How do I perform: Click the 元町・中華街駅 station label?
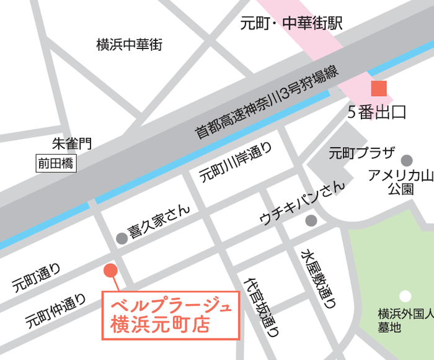(291, 24)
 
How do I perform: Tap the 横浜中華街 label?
(129, 45)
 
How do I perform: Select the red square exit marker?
(378, 89)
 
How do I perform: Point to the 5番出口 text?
(376, 112)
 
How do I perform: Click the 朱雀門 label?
(71, 145)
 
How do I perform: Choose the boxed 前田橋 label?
(55, 164)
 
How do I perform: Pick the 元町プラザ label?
(362, 153)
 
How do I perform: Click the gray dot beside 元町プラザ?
(407, 161)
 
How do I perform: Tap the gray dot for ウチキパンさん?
(311, 220)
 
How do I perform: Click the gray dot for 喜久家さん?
(122, 238)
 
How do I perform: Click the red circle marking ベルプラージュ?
(110, 270)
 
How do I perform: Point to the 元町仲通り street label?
(56, 311)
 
